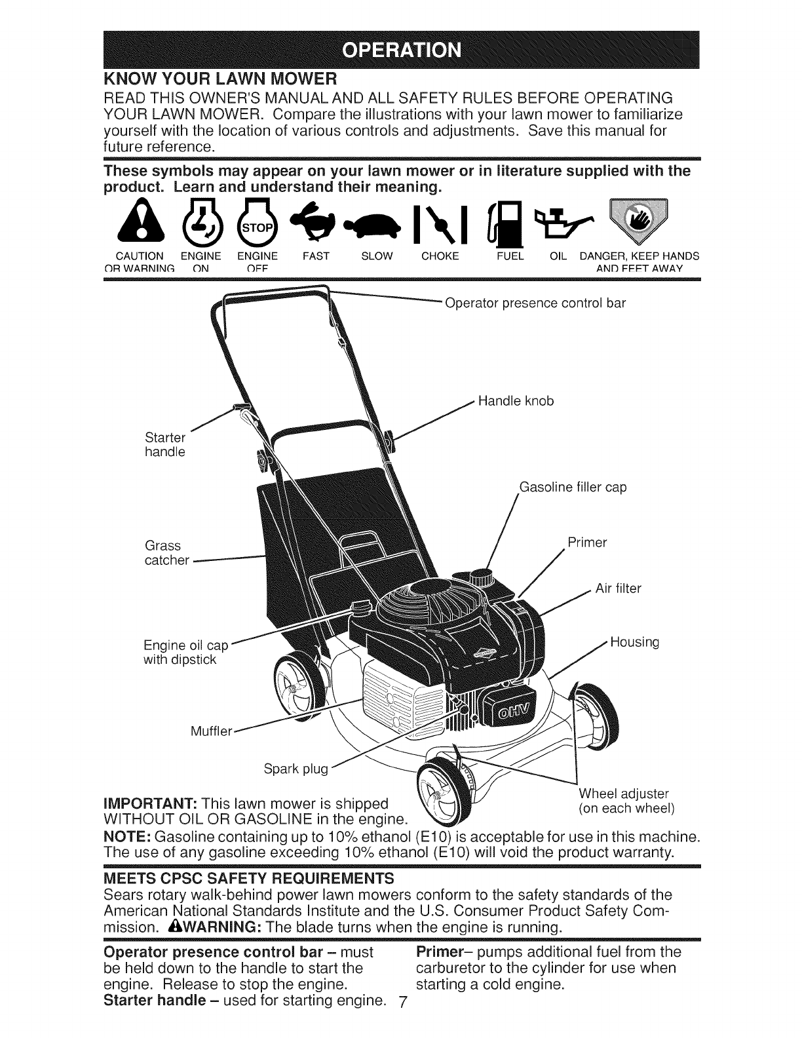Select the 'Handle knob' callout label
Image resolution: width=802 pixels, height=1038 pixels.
pyautogui.click(x=516, y=401)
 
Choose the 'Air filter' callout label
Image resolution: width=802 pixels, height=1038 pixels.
pyautogui.click(x=618, y=588)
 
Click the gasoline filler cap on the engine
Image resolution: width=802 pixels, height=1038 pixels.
pyautogui.click(x=483, y=575)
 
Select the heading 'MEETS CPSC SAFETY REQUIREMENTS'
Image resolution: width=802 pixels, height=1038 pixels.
pyautogui.click(x=249, y=877)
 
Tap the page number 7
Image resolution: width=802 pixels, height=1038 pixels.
pyautogui.click(x=403, y=1020)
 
